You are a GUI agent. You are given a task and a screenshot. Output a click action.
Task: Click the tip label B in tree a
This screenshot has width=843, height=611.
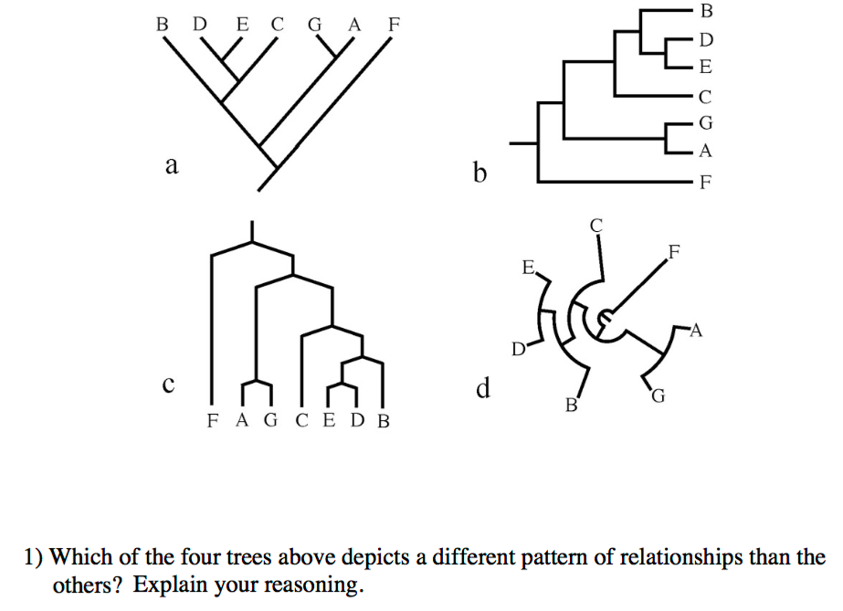[162, 24]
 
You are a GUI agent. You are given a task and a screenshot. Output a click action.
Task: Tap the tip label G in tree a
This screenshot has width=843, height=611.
[315, 24]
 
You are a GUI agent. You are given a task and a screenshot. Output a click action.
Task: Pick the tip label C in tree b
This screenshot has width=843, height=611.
[703, 96]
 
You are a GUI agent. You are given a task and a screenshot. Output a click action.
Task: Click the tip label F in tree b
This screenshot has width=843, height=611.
[703, 181]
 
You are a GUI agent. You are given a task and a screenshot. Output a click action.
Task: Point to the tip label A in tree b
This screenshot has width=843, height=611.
[703, 151]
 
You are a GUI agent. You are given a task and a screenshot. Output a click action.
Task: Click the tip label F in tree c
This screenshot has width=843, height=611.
[212, 421]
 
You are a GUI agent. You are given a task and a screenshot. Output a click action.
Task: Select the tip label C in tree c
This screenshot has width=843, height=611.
[303, 421]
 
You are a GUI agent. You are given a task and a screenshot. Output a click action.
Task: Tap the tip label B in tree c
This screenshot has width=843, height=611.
[383, 421]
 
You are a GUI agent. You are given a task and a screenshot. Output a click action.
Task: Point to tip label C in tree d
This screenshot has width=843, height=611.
[596, 224]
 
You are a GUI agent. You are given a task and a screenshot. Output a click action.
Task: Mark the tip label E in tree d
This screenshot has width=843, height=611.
[527, 269]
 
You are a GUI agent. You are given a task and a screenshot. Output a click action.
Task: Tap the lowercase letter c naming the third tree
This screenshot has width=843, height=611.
[167, 385]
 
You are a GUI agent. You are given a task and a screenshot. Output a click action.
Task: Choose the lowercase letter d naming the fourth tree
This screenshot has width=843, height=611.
[483, 390]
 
